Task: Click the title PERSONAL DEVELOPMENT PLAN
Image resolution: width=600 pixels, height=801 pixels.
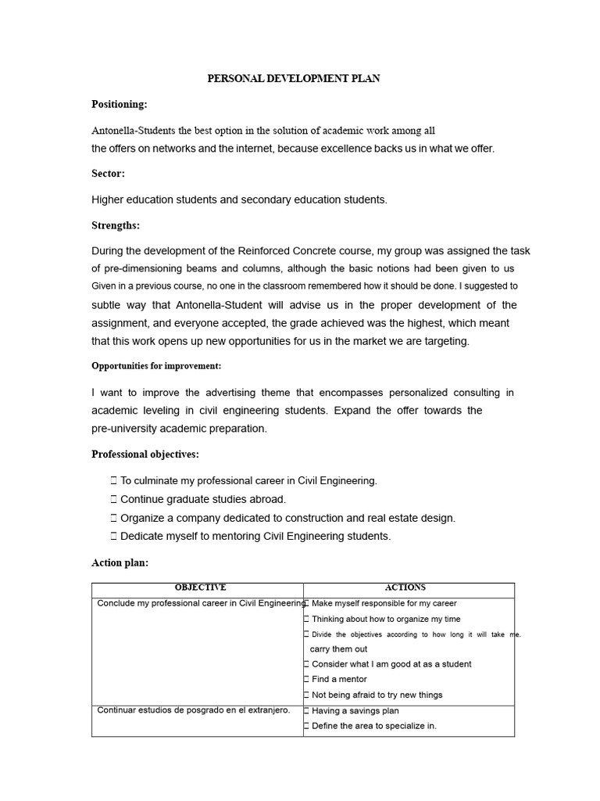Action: click(293, 79)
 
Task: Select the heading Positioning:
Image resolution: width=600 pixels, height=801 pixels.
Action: click(119, 104)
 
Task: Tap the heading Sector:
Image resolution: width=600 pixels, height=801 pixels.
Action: click(108, 174)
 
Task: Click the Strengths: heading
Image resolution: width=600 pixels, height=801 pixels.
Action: click(116, 225)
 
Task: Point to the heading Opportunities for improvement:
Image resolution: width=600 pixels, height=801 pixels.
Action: click(156, 366)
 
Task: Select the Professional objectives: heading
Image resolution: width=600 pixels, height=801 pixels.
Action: click(145, 454)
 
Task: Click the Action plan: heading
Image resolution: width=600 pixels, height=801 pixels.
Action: click(120, 562)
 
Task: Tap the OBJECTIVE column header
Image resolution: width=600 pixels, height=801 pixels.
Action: click(200, 587)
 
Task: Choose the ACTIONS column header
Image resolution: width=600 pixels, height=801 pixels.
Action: click(405, 587)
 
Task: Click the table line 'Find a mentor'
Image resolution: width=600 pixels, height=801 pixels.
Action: click(338, 679)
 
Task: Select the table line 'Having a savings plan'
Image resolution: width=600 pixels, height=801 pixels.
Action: click(355, 711)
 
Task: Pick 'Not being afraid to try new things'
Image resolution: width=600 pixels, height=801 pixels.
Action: click(377, 695)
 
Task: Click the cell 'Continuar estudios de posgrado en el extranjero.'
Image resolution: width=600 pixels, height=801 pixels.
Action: click(193, 710)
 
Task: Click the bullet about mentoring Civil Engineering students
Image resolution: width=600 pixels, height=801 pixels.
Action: click(255, 536)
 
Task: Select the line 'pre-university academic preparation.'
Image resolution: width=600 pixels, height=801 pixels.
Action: click(179, 428)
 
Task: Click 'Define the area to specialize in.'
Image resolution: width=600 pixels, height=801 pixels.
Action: click(373, 726)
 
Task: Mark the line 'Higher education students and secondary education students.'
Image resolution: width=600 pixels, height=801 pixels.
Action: click(239, 199)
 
